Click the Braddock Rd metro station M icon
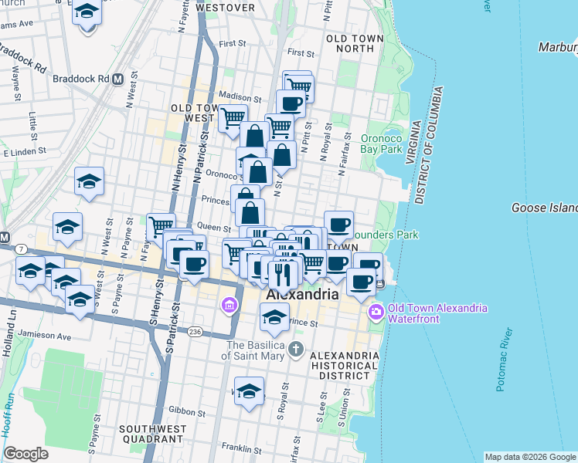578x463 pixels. coord(118,79)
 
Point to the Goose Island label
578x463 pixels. coord(545,208)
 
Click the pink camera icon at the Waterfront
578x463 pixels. coord(376,313)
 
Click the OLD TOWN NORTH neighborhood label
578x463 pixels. coord(350,43)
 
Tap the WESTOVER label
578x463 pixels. coord(226,8)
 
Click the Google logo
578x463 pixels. coord(25,454)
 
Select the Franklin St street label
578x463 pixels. coord(240,448)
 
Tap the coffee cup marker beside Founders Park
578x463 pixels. coord(338,225)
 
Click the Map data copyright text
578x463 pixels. coord(529,457)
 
